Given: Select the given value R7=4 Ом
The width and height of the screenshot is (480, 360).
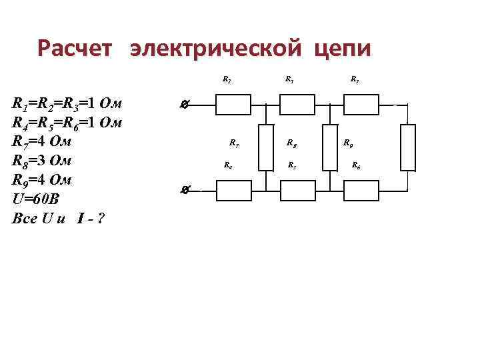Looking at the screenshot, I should coord(42,142).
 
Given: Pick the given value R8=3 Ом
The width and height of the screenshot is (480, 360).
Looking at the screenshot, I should coord(42,161).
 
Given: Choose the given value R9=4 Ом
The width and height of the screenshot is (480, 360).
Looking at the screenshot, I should coord(42,181).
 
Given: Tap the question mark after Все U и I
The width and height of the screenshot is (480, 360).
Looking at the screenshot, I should coord(100,219).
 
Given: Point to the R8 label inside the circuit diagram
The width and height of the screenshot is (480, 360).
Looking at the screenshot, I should coord(291,142).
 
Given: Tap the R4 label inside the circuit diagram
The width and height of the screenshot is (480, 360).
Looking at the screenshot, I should coord(228,165).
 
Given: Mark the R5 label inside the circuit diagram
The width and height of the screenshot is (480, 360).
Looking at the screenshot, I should coord(291,165).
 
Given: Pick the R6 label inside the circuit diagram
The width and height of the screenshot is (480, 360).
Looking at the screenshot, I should coord(356,165).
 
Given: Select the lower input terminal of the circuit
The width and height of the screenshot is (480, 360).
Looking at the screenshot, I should coord(185,191).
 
